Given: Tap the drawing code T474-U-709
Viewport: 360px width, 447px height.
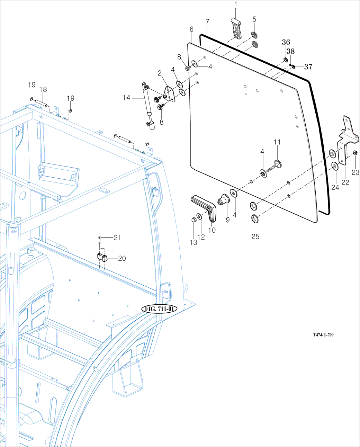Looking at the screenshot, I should pos(323,335).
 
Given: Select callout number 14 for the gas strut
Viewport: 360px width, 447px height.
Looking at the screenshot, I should pos(126,98).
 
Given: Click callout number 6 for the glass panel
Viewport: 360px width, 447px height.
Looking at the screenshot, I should pos(191,29).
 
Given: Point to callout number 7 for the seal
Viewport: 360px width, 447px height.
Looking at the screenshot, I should pos(207,22).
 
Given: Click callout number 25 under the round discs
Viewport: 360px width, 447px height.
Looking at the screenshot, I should pos(255,236).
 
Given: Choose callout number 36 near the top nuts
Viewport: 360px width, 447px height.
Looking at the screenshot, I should pos(286,42).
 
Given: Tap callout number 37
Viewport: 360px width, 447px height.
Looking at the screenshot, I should pos(308,67).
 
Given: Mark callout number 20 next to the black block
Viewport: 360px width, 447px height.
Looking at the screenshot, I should pos(122,258).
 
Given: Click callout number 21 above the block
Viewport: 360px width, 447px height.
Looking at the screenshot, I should pos(118,238).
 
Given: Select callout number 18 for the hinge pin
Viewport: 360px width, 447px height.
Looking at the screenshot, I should pos(43,90).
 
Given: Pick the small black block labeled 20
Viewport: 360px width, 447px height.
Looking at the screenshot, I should pos(102,257).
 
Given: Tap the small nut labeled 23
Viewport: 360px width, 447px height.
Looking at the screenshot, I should pos(355,153).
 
